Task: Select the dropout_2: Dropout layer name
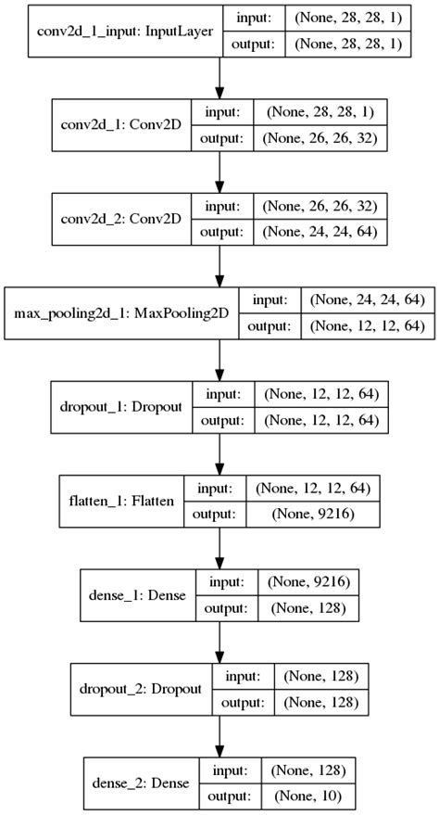[141, 689]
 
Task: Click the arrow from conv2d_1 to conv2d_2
[219, 175]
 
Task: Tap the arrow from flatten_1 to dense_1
[219, 549]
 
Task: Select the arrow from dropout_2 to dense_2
[219, 737]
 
